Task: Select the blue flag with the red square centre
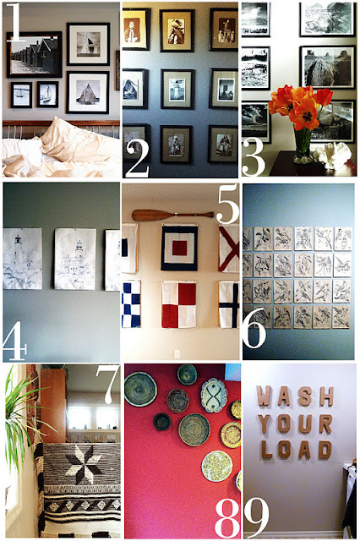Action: (179, 249)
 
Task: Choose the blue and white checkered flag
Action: (131, 303)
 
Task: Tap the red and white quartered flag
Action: (179, 304)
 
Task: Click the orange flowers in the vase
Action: (298, 109)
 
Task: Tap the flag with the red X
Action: (229, 249)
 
